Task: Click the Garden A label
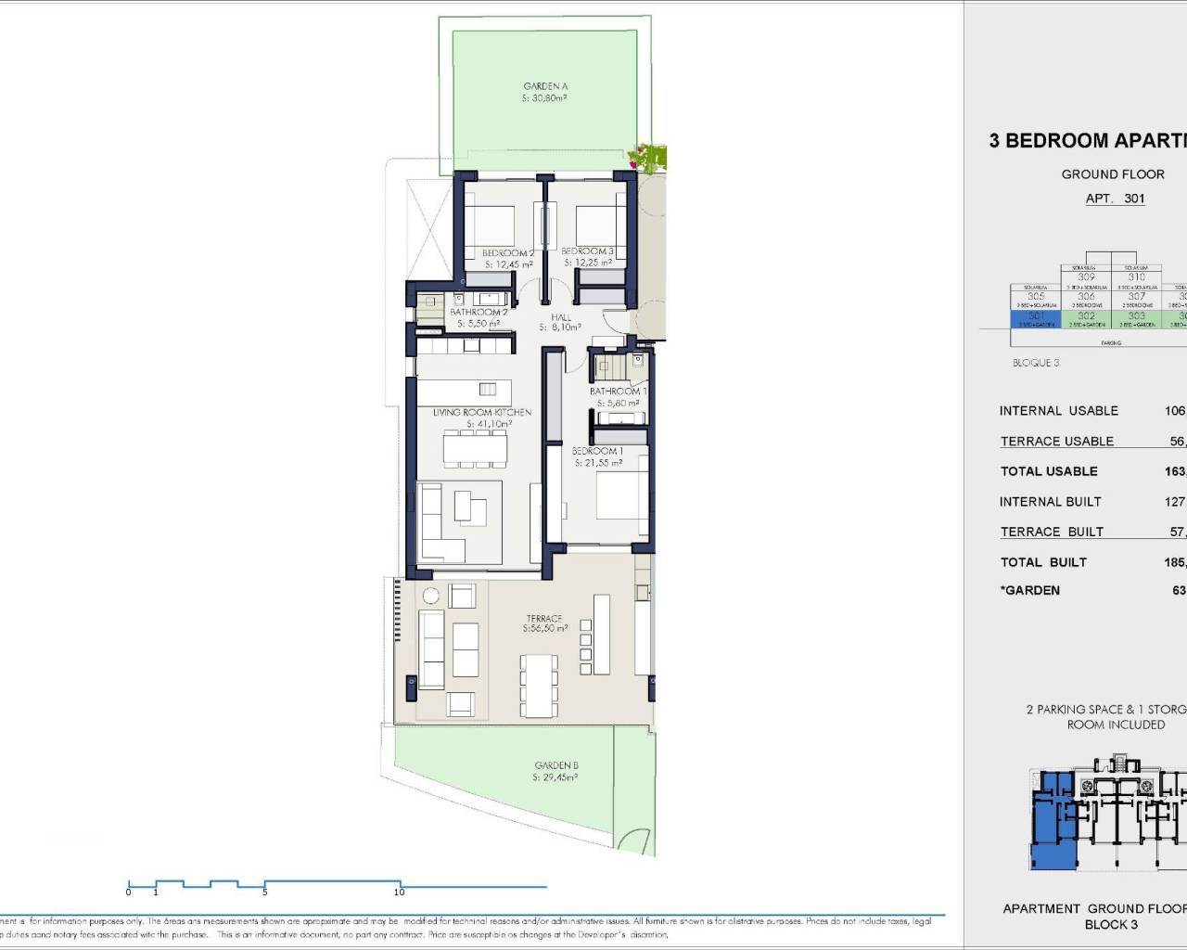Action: pos(545,86)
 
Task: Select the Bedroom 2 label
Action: pos(507,252)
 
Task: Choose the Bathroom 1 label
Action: pos(618,392)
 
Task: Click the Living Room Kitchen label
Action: pos(482,412)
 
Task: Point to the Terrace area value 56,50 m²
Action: pos(544,629)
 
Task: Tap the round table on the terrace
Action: pos(430,596)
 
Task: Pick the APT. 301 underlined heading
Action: pos(1115,199)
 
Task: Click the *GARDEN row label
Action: pos(1029,590)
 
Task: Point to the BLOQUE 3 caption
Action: pos(1035,363)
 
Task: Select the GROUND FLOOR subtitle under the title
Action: pos(1113,174)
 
